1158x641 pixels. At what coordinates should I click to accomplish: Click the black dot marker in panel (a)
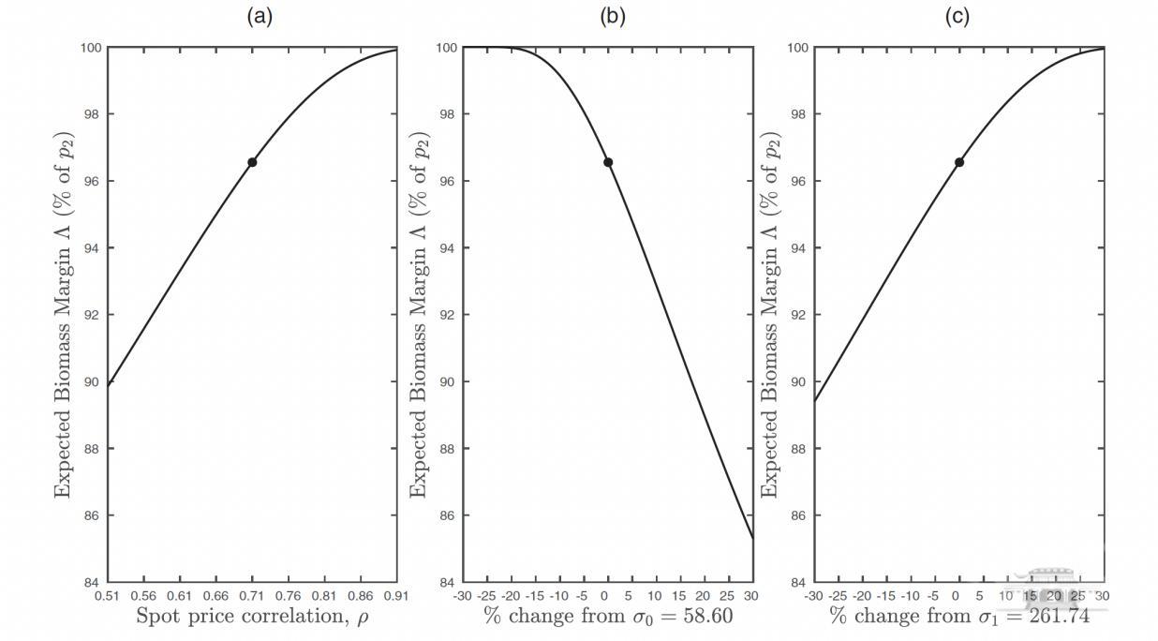(x=252, y=162)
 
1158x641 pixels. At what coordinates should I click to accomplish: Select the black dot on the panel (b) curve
(x=608, y=162)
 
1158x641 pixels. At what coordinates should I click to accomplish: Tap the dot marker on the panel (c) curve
(x=958, y=162)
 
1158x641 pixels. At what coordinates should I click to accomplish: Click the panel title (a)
(x=260, y=16)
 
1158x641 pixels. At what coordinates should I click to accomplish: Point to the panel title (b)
(x=612, y=16)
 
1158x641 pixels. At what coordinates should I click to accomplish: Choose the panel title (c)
(x=958, y=16)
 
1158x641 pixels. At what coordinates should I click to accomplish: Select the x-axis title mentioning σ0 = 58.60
(x=608, y=616)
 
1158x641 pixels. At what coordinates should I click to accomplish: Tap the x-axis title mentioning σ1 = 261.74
(x=958, y=616)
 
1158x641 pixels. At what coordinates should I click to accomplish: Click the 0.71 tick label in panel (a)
(x=252, y=595)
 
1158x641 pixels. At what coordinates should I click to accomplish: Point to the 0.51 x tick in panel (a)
(x=108, y=595)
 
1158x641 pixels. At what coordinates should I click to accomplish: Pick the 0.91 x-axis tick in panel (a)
(x=396, y=595)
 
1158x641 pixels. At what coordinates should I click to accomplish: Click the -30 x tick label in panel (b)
(x=462, y=595)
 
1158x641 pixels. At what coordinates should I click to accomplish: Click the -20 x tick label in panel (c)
(x=861, y=595)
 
